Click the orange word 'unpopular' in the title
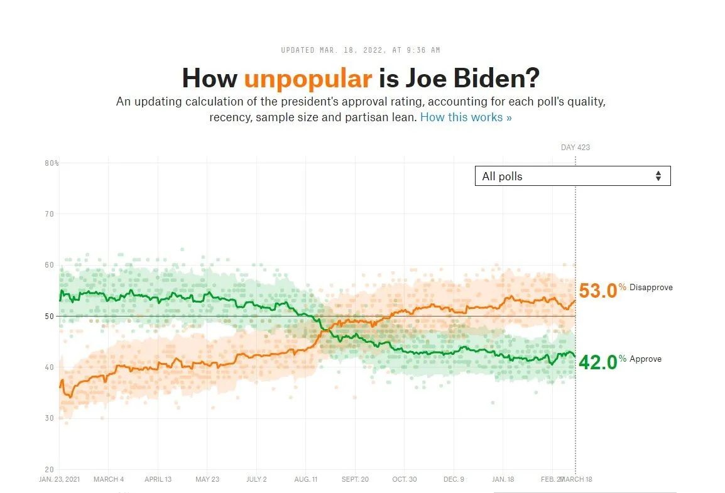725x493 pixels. click(x=308, y=79)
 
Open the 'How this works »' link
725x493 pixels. click(x=466, y=117)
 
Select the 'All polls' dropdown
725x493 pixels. click(x=572, y=176)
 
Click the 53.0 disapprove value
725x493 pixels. click(x=597, y=291)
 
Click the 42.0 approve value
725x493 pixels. click(x=597, y=362)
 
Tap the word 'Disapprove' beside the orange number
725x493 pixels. click(x=651, y=288)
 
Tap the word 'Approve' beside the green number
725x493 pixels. click(x=645, y=359)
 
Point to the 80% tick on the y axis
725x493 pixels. click(x=52, y=163)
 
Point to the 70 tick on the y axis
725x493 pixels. click(x=49, y=214)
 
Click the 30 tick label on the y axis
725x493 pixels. click(x=49, y=418)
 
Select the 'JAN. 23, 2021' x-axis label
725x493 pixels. click(x=60, y=479)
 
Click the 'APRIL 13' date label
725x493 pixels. click(x=158, y=479)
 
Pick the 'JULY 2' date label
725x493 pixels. click(x=256, y=479)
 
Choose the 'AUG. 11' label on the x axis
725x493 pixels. click(x=306, y=479)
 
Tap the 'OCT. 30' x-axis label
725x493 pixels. click(x=405, y=479)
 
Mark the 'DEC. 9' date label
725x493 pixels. click(x=454, y=479)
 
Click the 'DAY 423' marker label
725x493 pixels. click(x=575, y=148)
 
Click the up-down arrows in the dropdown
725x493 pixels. click(x=658, y=176)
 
